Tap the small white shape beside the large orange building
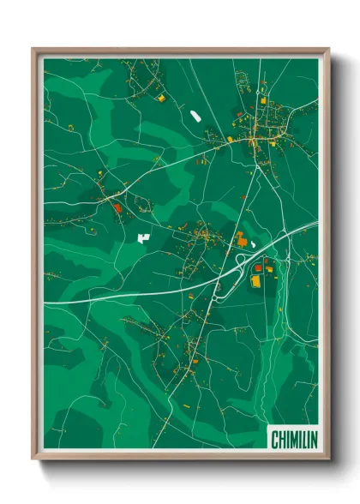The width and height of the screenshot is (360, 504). [x=255, y=243]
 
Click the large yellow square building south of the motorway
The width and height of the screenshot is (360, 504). [x=255, y=280]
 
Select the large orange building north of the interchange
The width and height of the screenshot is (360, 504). [x=242, y=240]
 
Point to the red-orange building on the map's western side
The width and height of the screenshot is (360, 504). [x=117, y=207]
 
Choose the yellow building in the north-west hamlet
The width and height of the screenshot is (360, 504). [x=160, y=99]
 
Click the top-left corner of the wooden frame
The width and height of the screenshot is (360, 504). [x=33, y=49]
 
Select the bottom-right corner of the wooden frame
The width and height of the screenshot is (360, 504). [x=329, y=460]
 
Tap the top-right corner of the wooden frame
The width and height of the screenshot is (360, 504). [x=329, y=49]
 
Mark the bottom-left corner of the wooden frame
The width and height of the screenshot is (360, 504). [x=33, y=460]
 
